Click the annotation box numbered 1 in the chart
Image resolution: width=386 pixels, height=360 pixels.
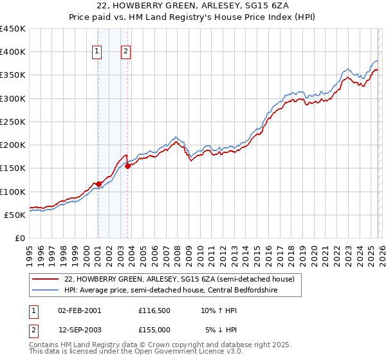tap(96, 52)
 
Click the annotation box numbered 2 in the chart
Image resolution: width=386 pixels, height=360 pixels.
tap(125, 52)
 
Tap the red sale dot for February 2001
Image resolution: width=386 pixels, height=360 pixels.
tap(98, 184)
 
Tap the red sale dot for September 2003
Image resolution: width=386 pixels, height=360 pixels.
tap(128, 166)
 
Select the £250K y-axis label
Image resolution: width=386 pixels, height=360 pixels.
tap(14, 122)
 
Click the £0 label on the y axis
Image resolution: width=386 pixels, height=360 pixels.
tap(20, 238)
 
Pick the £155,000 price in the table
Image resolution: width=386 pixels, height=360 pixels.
tap(154, 329)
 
